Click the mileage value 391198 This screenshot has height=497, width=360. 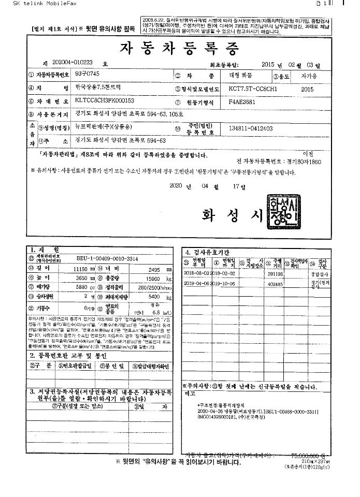[275, 273]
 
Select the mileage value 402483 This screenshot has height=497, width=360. [275, 284]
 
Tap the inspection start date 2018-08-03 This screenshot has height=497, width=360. [195, 273]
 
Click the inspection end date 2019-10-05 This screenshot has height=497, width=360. [224, 284]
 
